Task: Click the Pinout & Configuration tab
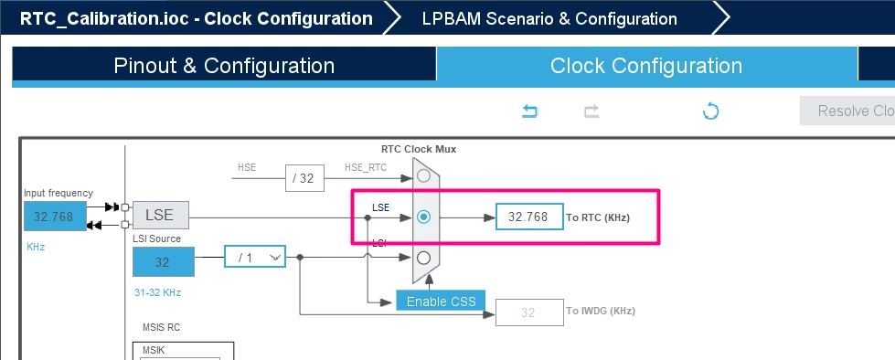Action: click(x=224, y=66)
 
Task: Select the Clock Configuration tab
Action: click(x=646, y=66)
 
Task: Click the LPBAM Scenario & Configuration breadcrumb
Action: click(x=549, y=18)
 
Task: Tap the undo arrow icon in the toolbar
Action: click(x=530, y=111)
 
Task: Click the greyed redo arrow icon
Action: click(x=591, y=111)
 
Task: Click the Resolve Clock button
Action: click(x=847, y=111)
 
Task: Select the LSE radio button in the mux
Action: click(x=423, y=217)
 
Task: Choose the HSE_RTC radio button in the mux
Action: click(x=423, y=175)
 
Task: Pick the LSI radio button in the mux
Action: click(x=423, y=258)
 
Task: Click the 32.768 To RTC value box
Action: click(x=529, y=217)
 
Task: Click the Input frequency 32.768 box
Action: click(x=55, y=217)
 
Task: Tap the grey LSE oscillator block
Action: click(x=160, y=215)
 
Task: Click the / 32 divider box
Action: click(x=304, y=178)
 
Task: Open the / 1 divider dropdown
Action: click(x=254, y=258)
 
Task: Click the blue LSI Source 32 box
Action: click(x=164, y=262)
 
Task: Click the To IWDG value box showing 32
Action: click(x=529, y=312)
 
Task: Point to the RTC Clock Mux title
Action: click(x=419, y=150)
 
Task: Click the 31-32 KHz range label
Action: click(x=157, y=292)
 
